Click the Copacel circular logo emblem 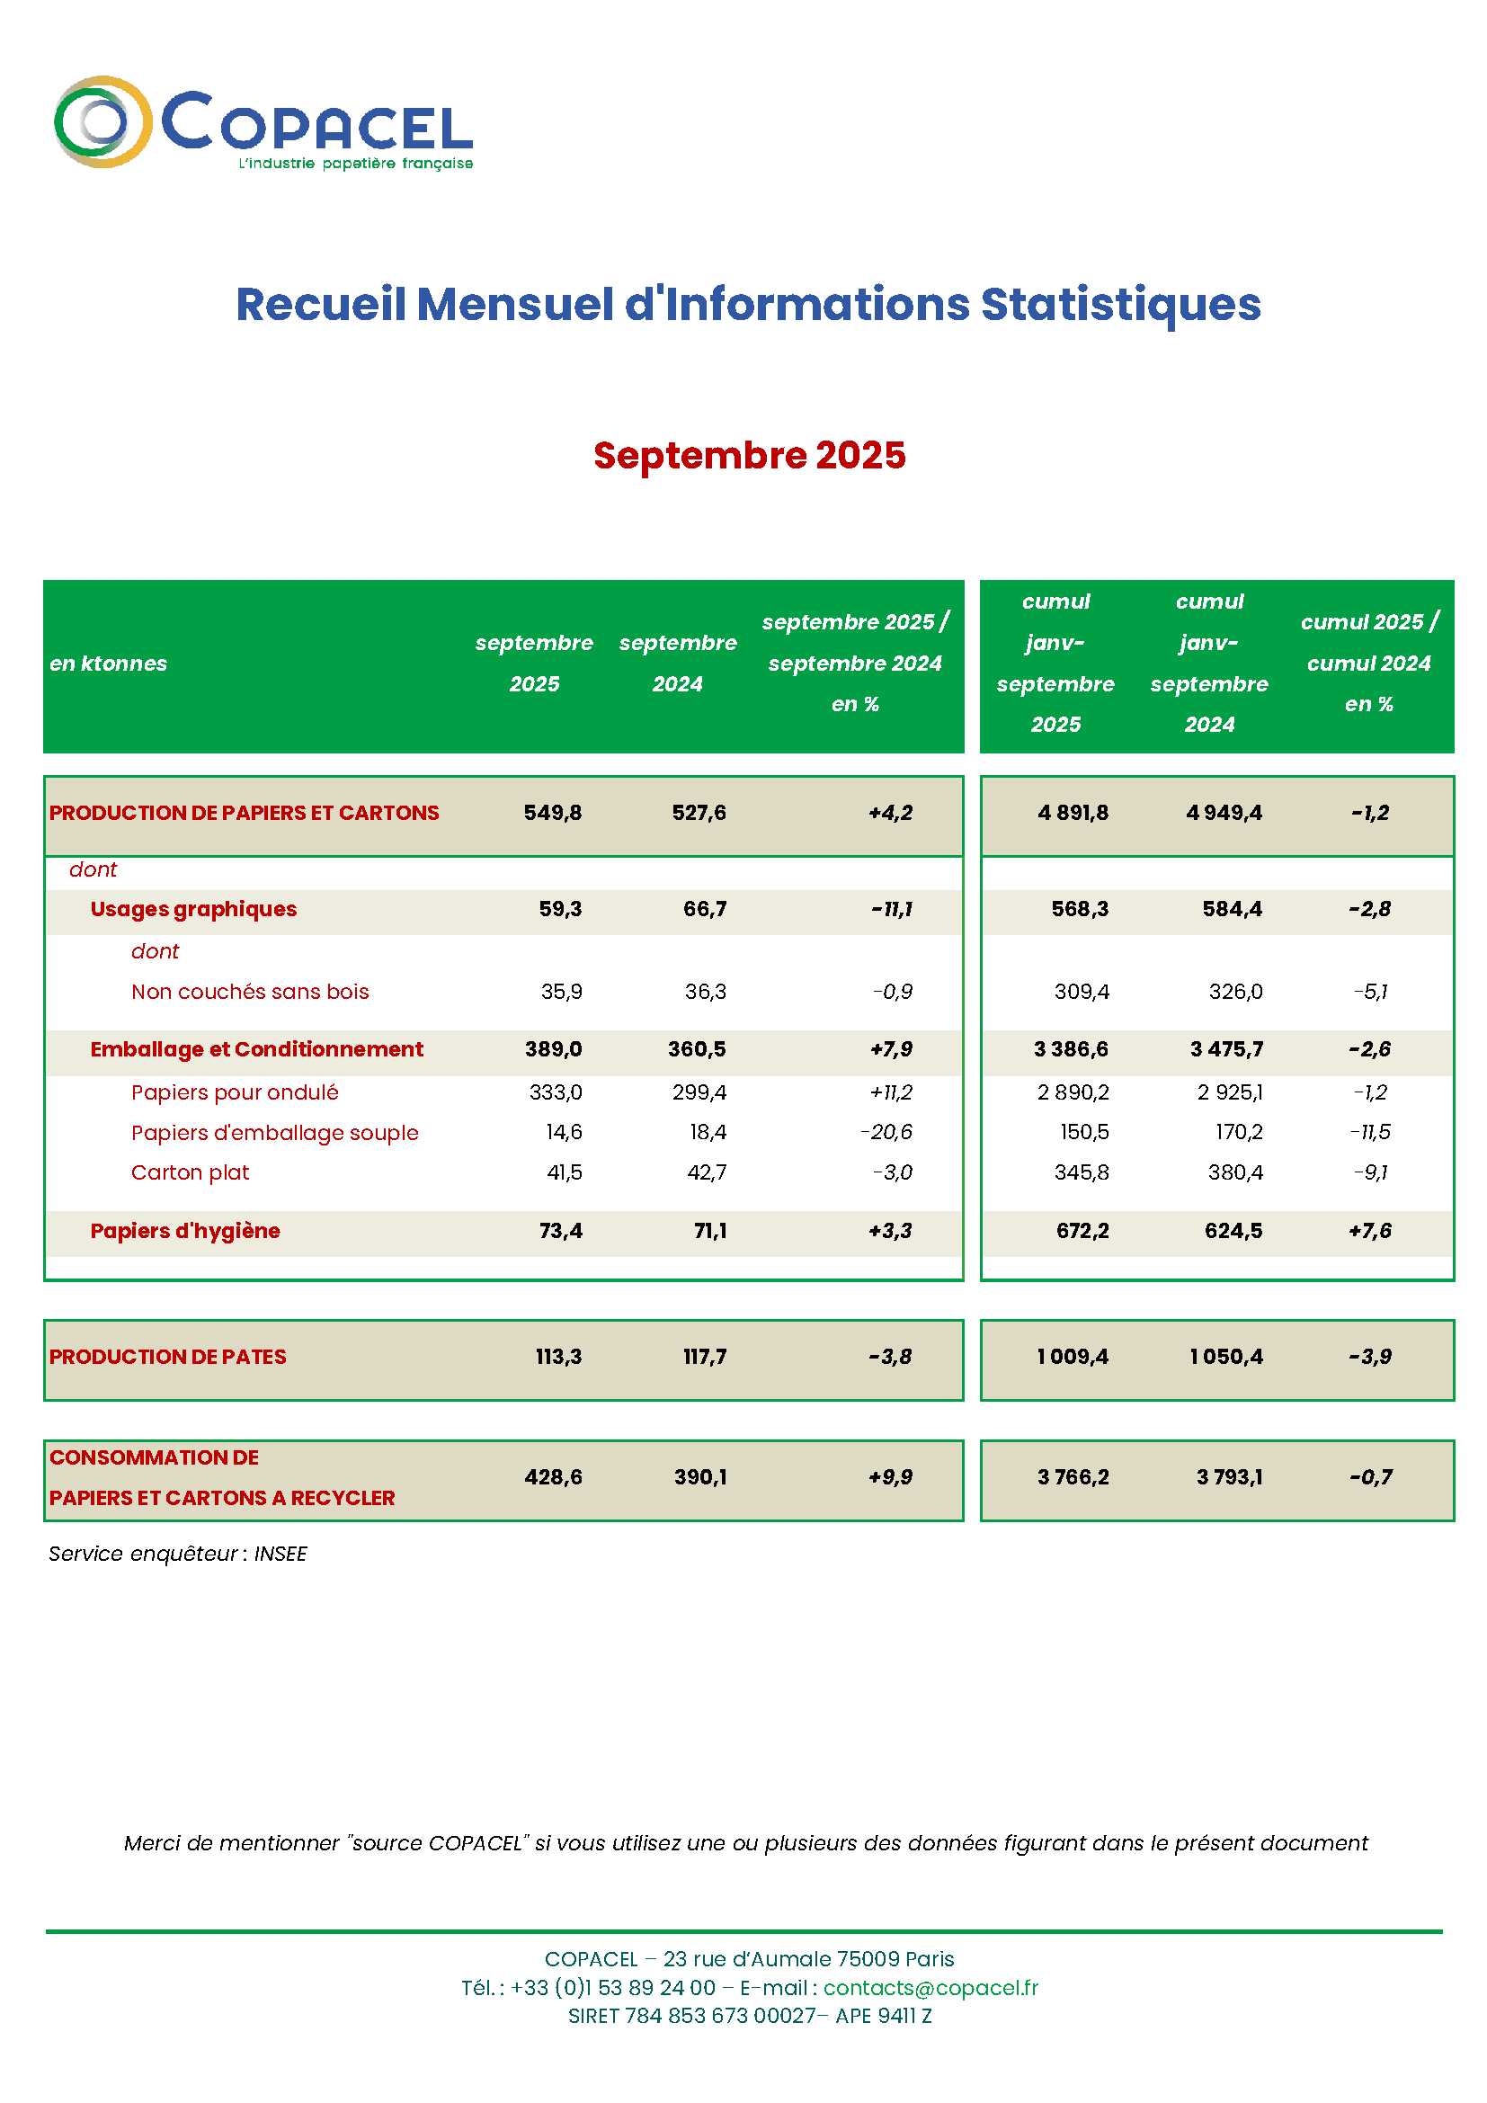102,121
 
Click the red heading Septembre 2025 749,455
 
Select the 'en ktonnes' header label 108,664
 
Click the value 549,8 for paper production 552,813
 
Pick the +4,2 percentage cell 890,813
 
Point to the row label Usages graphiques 193,909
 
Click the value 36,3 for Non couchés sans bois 705,991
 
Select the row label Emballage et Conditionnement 256,1048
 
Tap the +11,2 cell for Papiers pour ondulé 890,1092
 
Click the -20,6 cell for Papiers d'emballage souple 886,1132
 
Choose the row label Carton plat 190,1172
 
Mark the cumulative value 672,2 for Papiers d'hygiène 1082,1230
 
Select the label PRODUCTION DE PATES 167,1357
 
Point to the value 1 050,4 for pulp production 1226,1357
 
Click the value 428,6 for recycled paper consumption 553,1476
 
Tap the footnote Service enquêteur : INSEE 178,1554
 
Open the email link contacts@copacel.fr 930,1988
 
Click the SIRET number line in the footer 749,2015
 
